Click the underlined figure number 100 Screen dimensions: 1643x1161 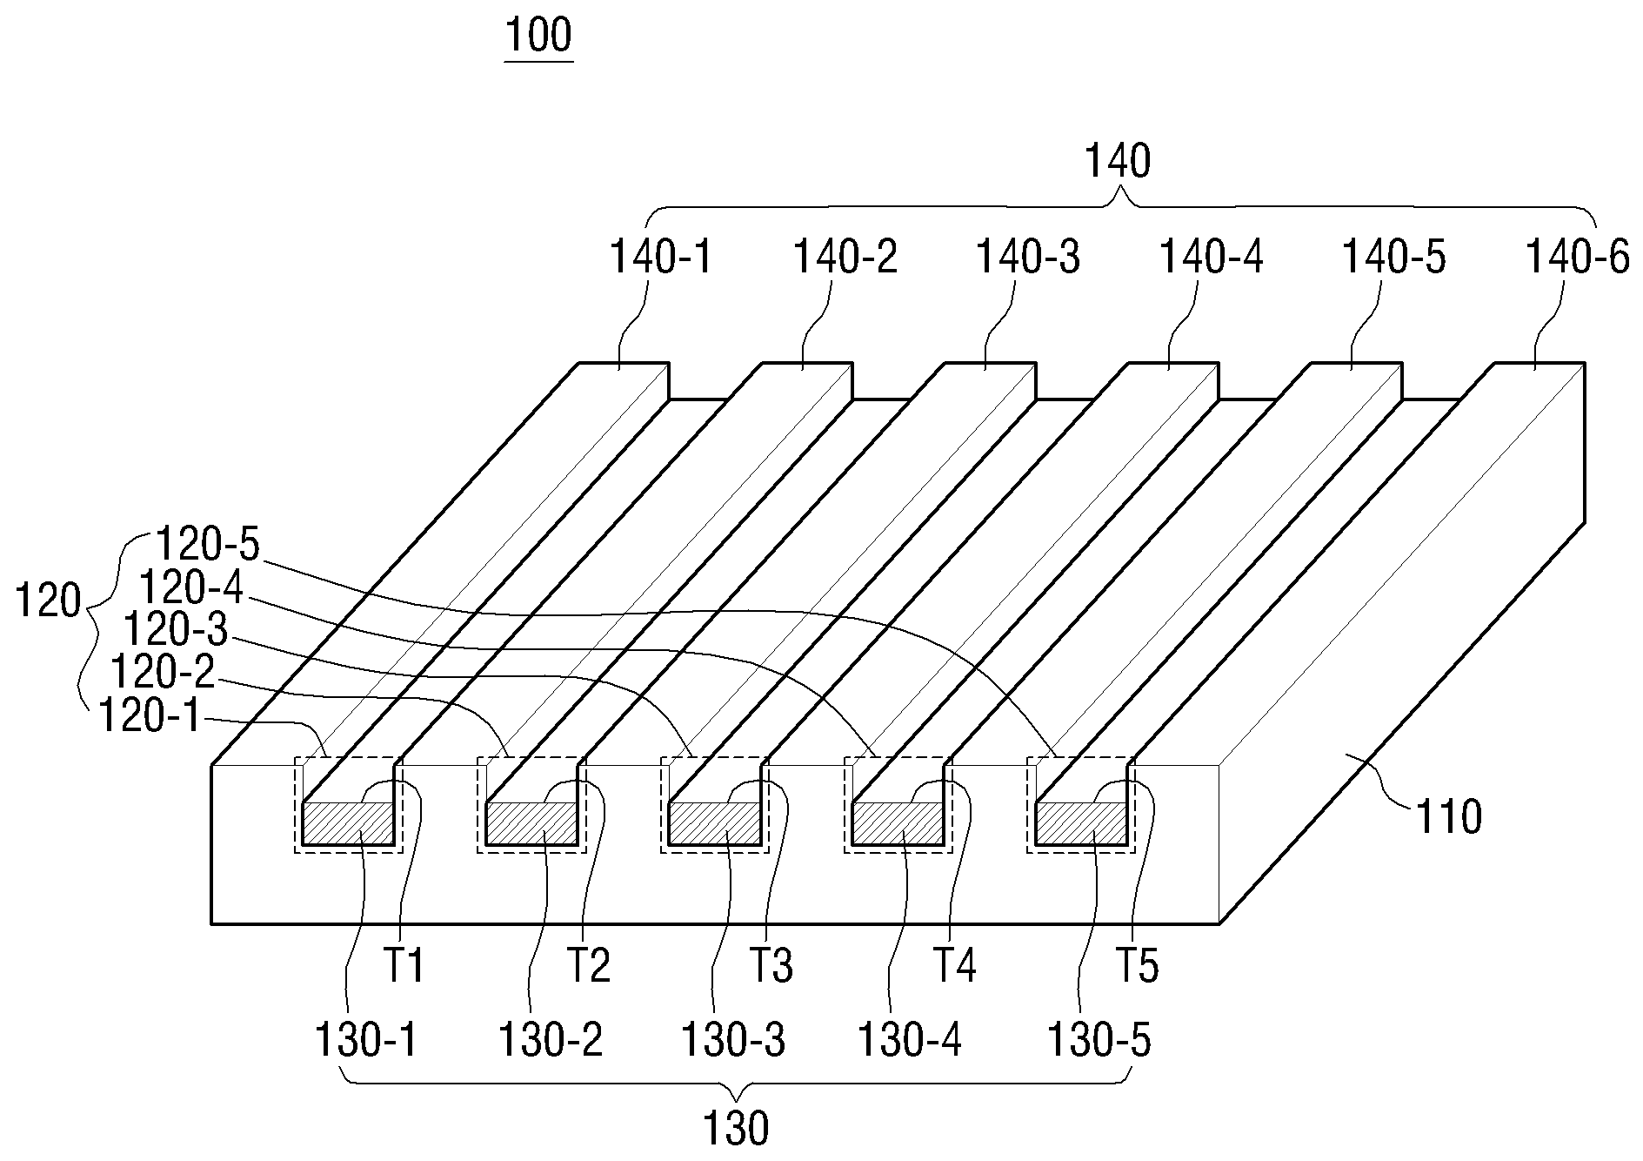pos(538,37)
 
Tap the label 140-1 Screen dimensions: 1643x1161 pos(660,258)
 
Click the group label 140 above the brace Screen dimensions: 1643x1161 pos(1119,162)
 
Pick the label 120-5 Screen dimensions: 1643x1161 pos(208,545)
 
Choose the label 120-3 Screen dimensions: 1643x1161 pos(176,629)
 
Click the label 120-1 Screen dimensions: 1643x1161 pos(150,717)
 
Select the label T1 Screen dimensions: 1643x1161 pos(404,966)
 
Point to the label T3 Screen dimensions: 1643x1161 pos(771,966)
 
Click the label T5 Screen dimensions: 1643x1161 pos(1138,966)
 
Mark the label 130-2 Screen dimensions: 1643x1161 pos(551,1040)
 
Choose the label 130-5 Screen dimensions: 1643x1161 pos(1100,1040)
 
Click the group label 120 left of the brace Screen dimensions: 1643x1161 pos(49,602)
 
